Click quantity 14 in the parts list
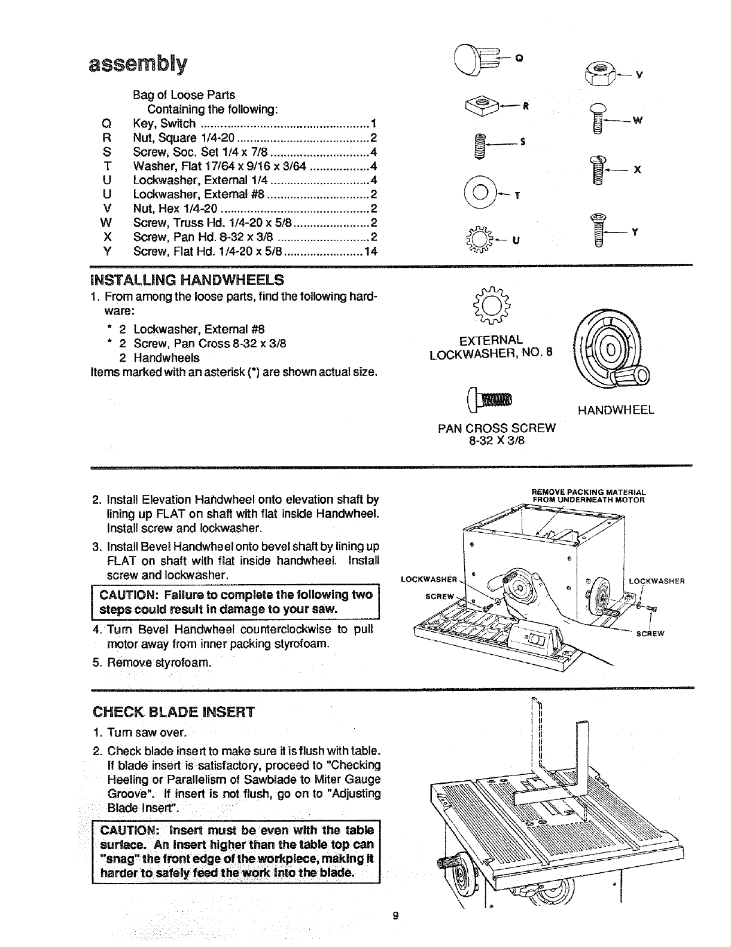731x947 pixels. click(x=371, y=252)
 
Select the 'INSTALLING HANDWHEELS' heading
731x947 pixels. click(x=187, y=280)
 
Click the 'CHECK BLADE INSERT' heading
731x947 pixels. click(x=173, y=712)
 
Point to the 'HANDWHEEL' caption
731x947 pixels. click(x=616, y=410)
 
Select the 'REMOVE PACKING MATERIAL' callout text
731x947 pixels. click(x=589, y=493)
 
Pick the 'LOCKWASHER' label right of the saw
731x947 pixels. click(x=656, y=580)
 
